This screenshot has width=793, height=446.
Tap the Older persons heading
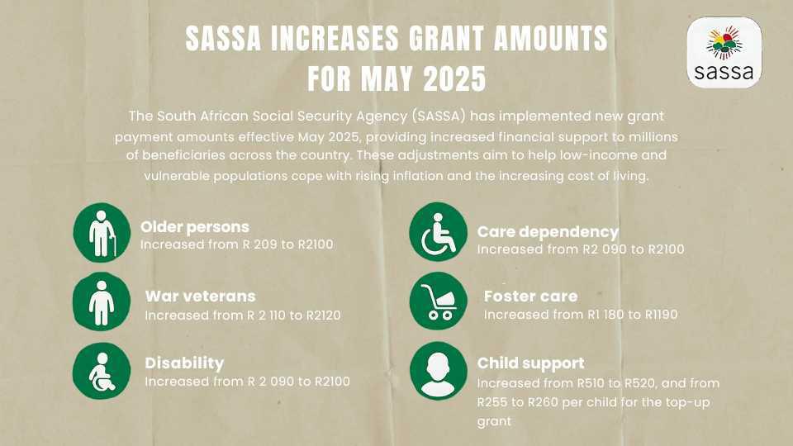click(x=194, y=226)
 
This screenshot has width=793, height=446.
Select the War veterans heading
click(x=200, y=296)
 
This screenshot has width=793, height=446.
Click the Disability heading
click(x=184, y=363)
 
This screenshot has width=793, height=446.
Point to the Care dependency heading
click(x=547, y=231)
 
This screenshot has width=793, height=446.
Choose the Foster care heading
click(x=530, y=296)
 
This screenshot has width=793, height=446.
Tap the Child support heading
click(x=530, y=363)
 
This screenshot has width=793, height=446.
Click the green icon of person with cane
click(x=102, y=233)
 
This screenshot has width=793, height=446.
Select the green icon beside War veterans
click(x=102, y=301)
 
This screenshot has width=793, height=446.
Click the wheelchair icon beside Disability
click(x=102, y=369)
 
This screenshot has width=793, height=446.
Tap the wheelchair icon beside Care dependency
click(x=438, y=235)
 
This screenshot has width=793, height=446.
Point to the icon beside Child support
click(x=438, y=369)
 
